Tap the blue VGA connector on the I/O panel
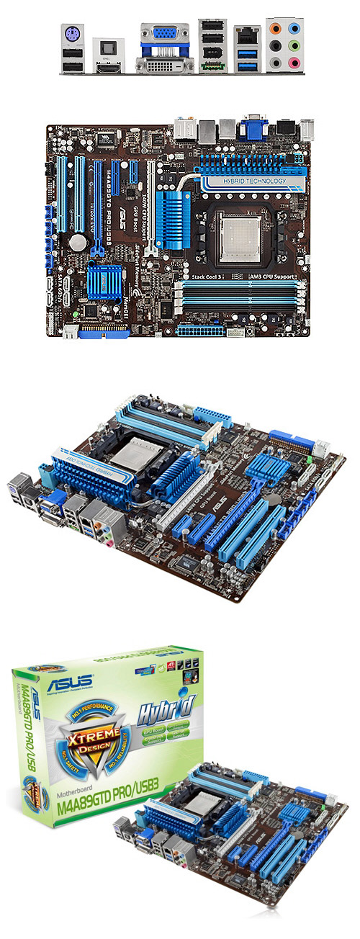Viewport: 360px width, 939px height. [166, 33]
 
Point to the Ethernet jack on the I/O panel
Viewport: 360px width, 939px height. [246, 35]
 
